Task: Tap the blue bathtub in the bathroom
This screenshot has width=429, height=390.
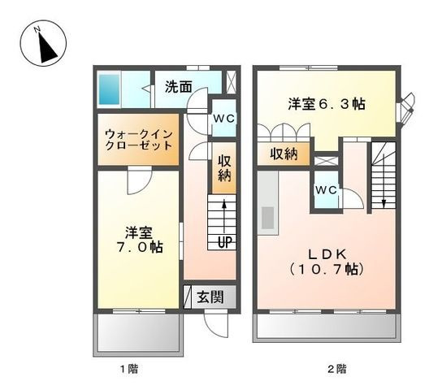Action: (109, 88)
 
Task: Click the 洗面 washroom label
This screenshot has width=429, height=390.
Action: (180, 85)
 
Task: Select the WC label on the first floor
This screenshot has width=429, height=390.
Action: (223, 118)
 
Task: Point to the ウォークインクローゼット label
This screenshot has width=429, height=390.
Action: (137, 140)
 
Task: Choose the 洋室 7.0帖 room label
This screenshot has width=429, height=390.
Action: (136, 238)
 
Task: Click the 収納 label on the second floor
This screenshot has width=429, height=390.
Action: (284, 154)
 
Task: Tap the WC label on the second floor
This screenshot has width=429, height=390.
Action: (327, 190)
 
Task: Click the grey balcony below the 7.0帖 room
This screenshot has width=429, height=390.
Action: (137, 331)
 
